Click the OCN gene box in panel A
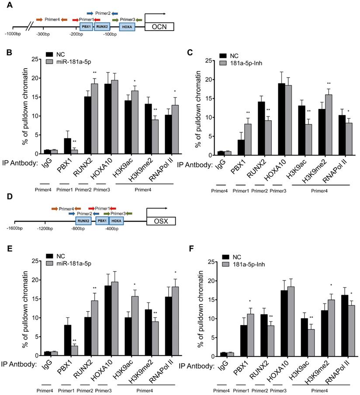[159, 27]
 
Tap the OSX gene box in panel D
[161, 222]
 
